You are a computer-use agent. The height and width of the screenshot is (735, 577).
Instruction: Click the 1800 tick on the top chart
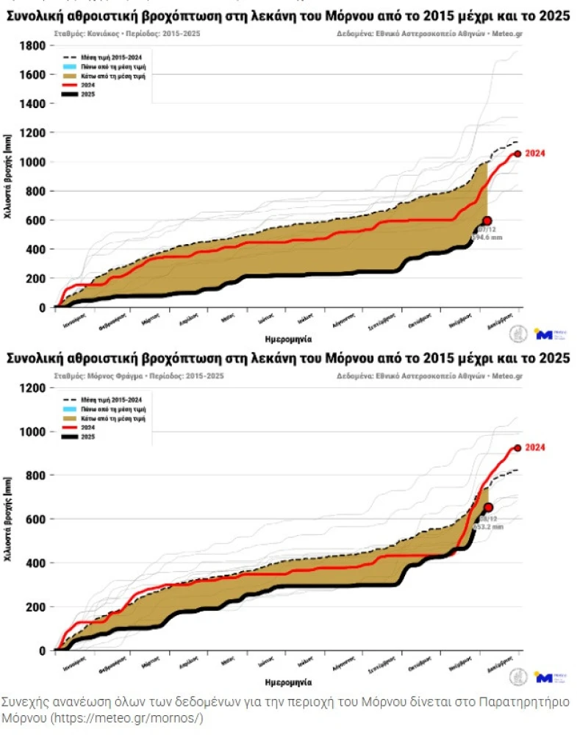tap(33, 46)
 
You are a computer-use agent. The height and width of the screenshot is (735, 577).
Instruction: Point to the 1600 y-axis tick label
tap(33, 74)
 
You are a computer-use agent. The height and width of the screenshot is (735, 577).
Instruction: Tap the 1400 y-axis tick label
tap(33, 104)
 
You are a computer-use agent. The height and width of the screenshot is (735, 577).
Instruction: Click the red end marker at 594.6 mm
tap(487, 220)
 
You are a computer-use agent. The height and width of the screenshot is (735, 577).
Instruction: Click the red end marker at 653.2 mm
tap(488, 507)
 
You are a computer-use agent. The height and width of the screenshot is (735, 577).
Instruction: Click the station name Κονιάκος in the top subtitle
tap(105, 34)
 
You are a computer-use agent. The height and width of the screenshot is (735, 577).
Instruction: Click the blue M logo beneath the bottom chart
tap(545, 677)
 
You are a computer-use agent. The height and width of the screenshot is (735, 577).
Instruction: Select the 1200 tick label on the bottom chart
tap(33, 388)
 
